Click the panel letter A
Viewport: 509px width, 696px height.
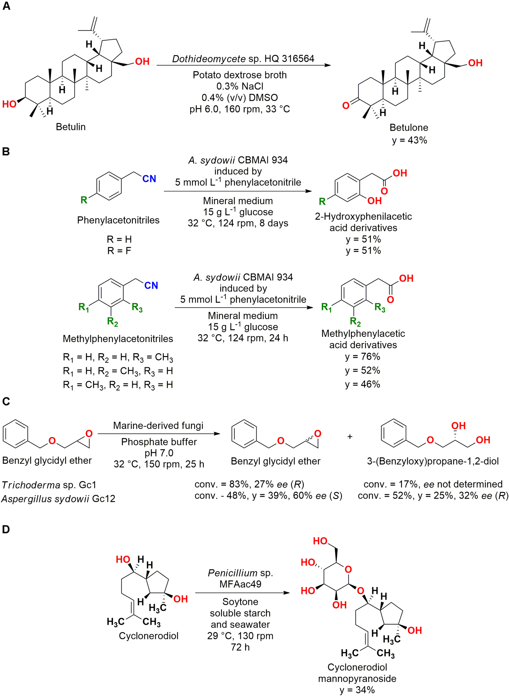[6, 6]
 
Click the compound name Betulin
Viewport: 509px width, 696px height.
[71, 127]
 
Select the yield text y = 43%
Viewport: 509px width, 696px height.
[409, 140]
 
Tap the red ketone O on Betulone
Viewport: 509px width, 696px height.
[346, 106]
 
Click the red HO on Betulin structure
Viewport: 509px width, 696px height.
[9, 104]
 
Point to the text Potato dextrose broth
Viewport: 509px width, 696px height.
[239, 75]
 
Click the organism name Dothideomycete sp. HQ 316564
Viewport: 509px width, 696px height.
[243, 59]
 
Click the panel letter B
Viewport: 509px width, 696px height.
[6, 152]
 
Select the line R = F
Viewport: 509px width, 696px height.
[119, 251]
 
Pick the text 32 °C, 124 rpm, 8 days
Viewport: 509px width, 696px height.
[238, 223]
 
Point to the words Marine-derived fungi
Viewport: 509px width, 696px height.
[158, 425]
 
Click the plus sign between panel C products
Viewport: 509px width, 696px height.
[350, 437]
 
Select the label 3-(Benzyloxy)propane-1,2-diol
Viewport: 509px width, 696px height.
[433, 461]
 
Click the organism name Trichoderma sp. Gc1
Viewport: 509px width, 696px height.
[49, 485]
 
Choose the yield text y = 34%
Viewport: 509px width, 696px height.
[357, 690]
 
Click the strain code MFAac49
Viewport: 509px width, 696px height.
[240, 584]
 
